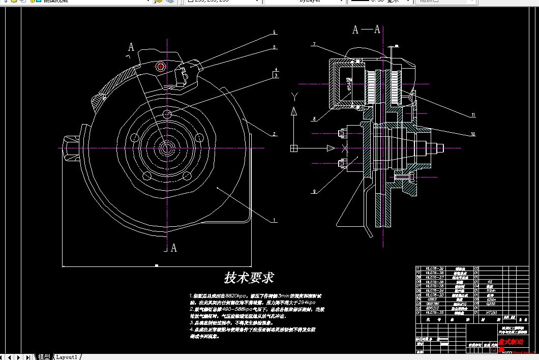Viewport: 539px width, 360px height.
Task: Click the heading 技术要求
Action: coord(249,278)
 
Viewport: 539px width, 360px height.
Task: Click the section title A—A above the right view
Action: coord(370,29)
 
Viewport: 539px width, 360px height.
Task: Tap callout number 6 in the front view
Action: coord(274,32)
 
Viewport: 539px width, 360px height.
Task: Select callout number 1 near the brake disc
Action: coord(274,221)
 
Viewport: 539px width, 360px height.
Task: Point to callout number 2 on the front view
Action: coord(274,134)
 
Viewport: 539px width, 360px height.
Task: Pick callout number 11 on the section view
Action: coord(472,115)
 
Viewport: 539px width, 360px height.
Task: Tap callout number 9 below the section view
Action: coord(314,191)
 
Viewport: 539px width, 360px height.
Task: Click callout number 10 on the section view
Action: coord(472,134)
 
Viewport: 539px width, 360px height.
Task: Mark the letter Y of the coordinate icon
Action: coord(293,96)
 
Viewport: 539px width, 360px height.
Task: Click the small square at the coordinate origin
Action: coord(293,148)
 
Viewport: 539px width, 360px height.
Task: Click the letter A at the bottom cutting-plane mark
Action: coord(174,248)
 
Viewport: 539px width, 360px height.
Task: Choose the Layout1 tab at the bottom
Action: coord(66,356)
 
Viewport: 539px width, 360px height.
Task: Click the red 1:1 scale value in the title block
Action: coord(495,350)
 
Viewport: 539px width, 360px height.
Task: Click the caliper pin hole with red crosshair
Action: coord(161,67)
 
